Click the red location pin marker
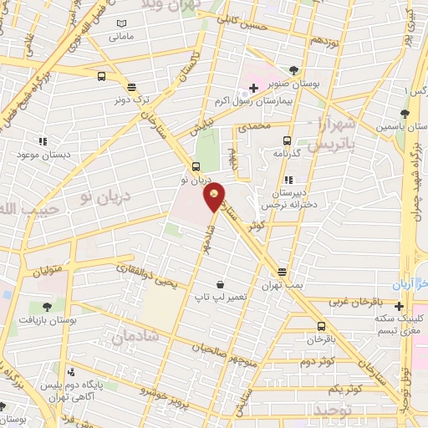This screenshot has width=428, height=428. pyautogui.click(x=215, y=197)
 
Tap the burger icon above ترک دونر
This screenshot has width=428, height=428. pyautogui.click(x=131, y=85)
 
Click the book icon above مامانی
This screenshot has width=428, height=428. pyautogui.click(x=123, y=24)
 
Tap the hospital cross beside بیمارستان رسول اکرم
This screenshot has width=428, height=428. pyautogui.click(x=253, y=87)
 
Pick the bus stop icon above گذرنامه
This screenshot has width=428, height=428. pyautogui.click(x=287, y=140)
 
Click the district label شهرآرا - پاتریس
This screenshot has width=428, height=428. pyautogui.click(x=329, y=135)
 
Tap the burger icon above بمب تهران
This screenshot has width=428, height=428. pyautogui.click(x=282, y=272)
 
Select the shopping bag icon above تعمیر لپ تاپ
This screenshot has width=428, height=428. pyautogui.click(x=219, y=284)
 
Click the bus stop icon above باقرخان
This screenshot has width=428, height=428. pyautogui.click(x=321, y=326)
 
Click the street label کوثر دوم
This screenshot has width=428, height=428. pyautogui.click(x=317, y=360)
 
